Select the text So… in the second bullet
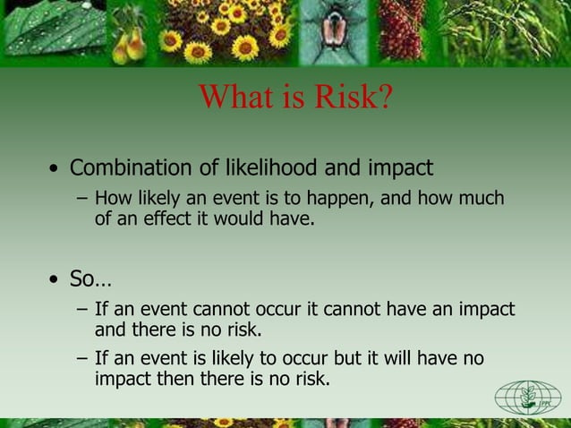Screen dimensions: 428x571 pyautogui.click(x=85, y=280)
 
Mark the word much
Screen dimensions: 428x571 pyautogui.click(x=481, y=198)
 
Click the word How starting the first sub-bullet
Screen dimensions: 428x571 pyautogui.click(x=114, y=198)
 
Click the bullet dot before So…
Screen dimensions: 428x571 pyautogui.click(x=55, y=281)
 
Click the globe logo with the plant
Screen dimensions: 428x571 pyautogui.click(x=527, y=397)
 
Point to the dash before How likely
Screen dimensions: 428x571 pyautogui.click(x=82, y=199)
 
